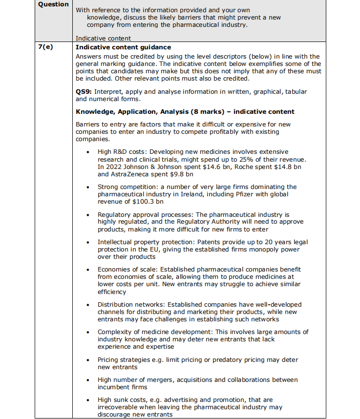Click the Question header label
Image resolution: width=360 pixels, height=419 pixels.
53,4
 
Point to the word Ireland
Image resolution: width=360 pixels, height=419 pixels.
191,194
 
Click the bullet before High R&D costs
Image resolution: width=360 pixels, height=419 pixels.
87,152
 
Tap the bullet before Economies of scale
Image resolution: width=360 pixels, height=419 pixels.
87,269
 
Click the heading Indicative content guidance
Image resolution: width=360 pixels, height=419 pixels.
123,47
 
